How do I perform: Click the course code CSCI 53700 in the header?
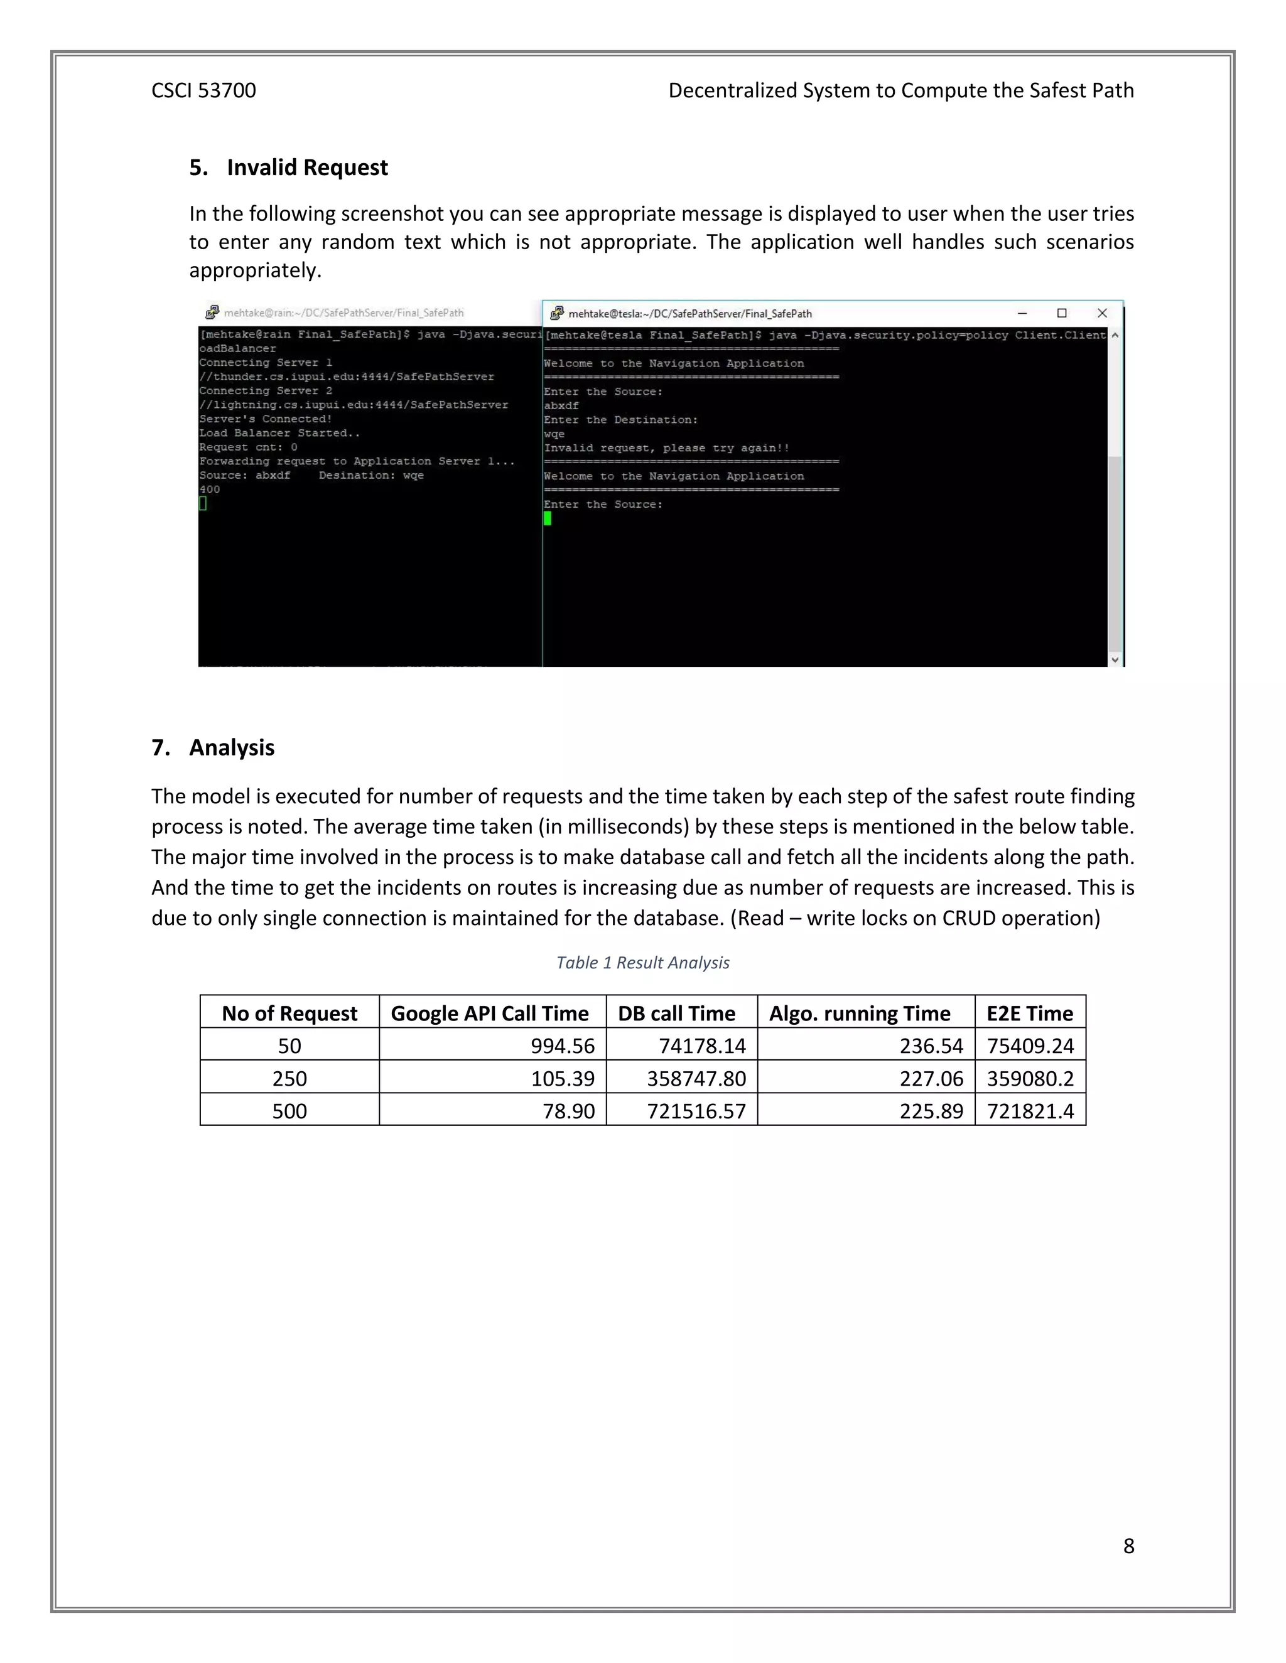pos(203,90)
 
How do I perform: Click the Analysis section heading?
pos(232,748)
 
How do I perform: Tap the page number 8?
pos(1128,1546)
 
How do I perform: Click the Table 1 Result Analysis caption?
pos(642,963)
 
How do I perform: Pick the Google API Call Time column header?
pos(489,1013)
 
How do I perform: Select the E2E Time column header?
pos(1029,1013)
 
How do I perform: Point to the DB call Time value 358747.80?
pos(696,1079)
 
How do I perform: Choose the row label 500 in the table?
pos(289,1112)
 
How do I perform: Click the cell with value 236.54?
pos(931,1046)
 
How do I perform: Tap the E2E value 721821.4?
pos(1030,1112)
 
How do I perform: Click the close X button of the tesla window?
pos(1101,313)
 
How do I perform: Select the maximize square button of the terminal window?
pos(1062,313)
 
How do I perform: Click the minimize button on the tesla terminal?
pos(1022,313)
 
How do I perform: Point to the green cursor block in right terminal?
pos(548,518)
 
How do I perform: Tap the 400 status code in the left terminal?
pos(210,489)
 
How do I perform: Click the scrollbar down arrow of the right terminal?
pos(1115,660)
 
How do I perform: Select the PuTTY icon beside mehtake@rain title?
pos(212,312)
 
